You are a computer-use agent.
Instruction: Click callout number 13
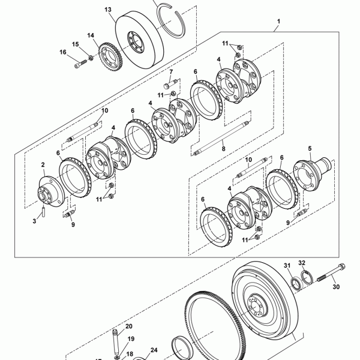tap(107, 10)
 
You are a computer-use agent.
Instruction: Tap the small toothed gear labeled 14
tap(110, 57)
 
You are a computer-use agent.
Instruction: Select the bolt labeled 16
tap(81, 64)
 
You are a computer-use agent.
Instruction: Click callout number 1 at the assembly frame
tap(279, 22)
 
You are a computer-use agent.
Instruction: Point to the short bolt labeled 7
tap(171, 83)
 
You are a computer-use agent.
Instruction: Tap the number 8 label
tap(223, 149)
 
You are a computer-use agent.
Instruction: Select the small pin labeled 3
tap(43, 211)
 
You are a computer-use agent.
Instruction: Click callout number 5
tap(310, 149)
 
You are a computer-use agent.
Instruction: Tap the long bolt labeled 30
tap(331, 272)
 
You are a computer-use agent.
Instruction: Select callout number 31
tap(287, 265)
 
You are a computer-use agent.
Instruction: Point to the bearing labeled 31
tap(296, 283)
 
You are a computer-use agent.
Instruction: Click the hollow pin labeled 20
tap(116, 343)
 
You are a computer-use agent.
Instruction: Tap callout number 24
tap(154, 350)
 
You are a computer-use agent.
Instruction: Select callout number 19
tap(131, 339)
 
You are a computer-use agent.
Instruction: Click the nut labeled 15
tap(91, 58)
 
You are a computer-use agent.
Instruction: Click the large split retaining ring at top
tap(172, 21)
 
